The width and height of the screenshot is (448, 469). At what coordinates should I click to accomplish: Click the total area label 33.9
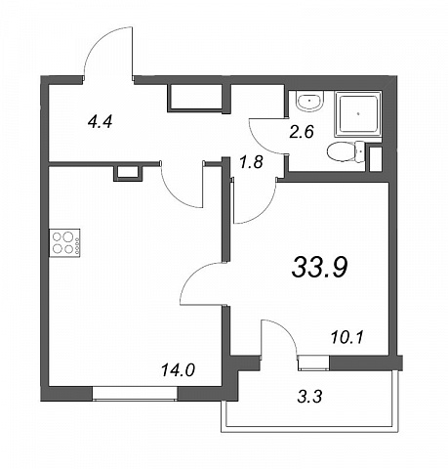pyautogui.click(x=320, y=267)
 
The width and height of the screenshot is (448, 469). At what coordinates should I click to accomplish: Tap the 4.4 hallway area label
pyautogui.click(x=100, y=122)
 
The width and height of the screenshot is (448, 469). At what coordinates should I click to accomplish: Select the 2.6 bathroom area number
pyautogui.click(x=302, y=132)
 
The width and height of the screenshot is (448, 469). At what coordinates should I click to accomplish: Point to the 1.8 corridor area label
pyautogui.click(x=251, y=162)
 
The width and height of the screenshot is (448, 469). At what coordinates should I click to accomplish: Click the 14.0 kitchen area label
pyautogui.click(x=178, y=370)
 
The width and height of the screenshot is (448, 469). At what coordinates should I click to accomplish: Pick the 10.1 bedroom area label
pyautogui.click(x=346, y=338)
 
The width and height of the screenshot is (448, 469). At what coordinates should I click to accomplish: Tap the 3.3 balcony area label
pyautogui.click(x=309, y=397)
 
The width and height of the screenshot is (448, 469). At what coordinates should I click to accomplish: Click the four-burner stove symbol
pyautogui.click(x=64, y=242)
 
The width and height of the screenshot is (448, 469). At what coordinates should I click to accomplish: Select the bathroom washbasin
pyautogui.click(x=310, y=101)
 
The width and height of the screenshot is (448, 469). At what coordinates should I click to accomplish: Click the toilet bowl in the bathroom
pyautogui.click(x=346, y=152)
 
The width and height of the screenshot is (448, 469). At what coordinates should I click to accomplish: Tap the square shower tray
pyautogui.click(x=357, y=114)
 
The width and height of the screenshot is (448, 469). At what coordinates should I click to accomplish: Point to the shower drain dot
pyautogui.click(x=358, y=114)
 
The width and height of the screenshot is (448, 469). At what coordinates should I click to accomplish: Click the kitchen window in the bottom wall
pyautogui.click(x=135, y=393)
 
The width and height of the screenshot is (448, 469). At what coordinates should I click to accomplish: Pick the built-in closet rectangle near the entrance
pyautogui.click(x=195, y=98)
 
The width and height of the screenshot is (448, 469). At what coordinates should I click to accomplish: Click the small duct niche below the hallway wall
pyautogui.click(x=128, y=173)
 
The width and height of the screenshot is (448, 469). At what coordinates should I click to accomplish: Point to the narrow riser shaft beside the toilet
pyautogui.click(x=375, y=159)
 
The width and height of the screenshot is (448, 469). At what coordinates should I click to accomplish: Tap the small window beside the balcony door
pyautogui.click(x=313, y=362)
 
